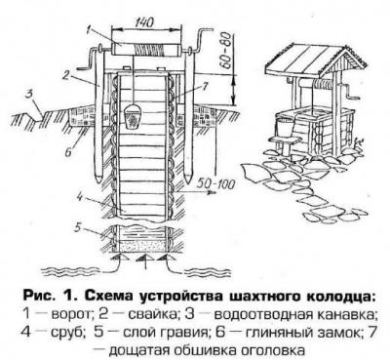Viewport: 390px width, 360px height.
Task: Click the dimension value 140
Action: [x=143, y=21]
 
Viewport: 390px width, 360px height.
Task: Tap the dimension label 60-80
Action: [x=226, y=50]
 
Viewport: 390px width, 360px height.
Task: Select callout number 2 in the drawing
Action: [x=66, y=76]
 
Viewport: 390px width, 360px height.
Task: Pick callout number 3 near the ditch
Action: [x=30, y=96]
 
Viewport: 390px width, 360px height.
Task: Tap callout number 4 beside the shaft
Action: [x=80, y=196]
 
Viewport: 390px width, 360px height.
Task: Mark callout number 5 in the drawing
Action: [x=77, y=228]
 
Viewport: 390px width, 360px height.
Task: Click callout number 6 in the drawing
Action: [x=68, y=153]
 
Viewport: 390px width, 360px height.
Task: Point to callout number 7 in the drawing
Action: [x=205, y=86]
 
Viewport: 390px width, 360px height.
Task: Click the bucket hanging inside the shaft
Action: [x=133, y=116]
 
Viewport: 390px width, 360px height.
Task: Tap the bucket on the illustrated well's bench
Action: [x=284, y=128]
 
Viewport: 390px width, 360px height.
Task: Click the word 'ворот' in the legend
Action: [x=70, y=314]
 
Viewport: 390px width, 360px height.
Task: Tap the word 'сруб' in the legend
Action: [x=68, y=333]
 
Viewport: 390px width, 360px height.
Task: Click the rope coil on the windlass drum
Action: [x=150, y=51]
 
